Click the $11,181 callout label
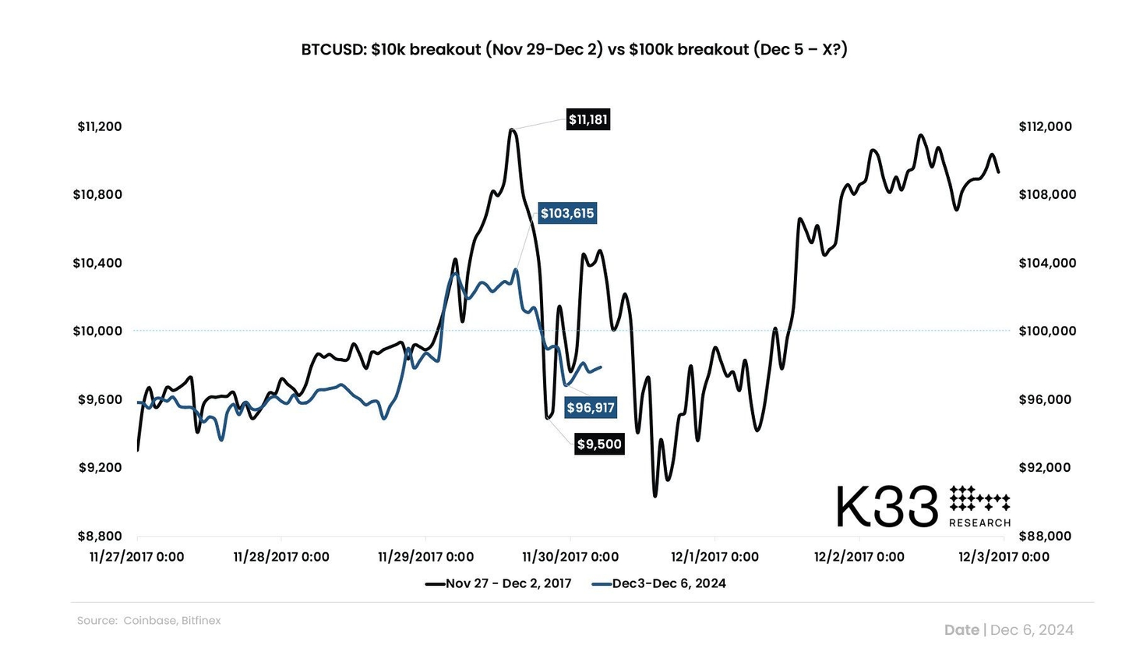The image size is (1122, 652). point(587,119)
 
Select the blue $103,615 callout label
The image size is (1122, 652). point(567,213)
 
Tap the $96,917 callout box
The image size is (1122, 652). point(590,407)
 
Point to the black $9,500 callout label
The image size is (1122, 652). point(599,445)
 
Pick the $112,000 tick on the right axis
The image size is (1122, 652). point(1045,126)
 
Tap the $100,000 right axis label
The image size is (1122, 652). point(1045,331)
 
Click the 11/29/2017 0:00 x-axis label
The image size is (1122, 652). point(425,557)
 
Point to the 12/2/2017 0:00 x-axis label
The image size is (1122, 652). point(859,557)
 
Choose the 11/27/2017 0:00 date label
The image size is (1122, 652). point(137,557)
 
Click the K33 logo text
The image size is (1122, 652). point(886,507)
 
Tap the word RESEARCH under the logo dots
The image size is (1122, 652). point(979,523)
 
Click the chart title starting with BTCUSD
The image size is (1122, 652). point(574,49)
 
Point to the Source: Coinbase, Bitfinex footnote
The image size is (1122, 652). point(149,621)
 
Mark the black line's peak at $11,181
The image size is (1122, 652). point(511,130)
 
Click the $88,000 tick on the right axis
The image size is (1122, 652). point(1045,536)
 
